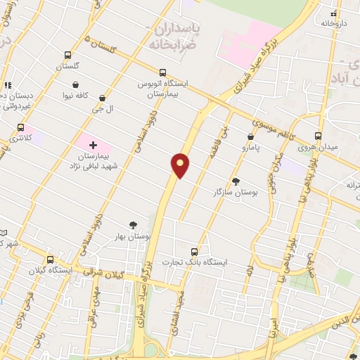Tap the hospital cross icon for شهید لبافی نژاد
92,144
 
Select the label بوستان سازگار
236,191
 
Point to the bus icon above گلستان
68,55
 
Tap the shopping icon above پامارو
251,137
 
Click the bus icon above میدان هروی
319,136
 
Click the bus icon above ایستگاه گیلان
49,259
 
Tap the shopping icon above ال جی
103,99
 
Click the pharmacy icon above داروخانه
335,13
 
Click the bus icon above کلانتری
20,129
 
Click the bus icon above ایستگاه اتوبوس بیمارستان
163,72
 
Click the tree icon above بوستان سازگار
236,181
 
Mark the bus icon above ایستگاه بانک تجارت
195,252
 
